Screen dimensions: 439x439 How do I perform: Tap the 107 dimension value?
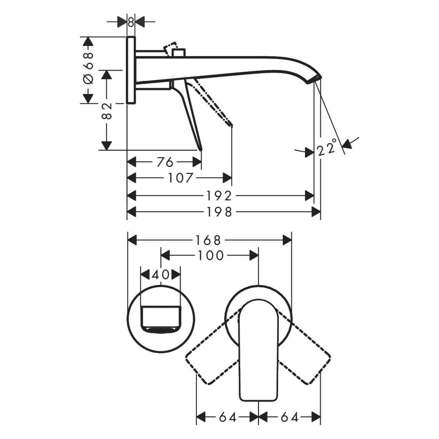[x=181, y=178]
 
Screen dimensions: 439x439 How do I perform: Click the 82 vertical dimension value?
[x=107, y=111]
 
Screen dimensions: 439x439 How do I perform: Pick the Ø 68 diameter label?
[x=88, y=69]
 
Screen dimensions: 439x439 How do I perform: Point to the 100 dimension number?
[x=210, y=256]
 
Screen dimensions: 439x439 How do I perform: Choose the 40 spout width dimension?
[x=161, y=275]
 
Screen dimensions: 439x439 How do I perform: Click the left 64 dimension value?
[x=227, y=417]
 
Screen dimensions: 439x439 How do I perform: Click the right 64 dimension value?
[x=290, y=417]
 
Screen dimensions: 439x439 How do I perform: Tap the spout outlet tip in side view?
[x=315, y=79]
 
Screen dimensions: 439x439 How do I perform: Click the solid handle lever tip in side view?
[x=201, y=148]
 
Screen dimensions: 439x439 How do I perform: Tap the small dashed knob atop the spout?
[x=171, y=47]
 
